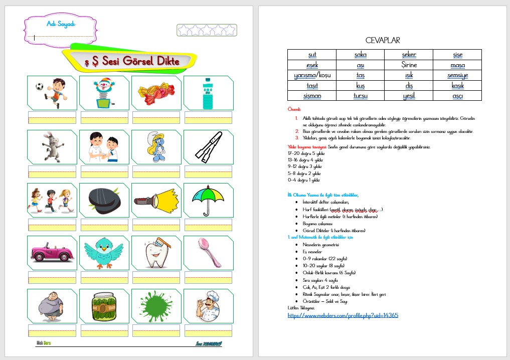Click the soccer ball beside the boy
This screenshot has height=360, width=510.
[40, 86]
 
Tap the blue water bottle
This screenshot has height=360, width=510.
[207, 93]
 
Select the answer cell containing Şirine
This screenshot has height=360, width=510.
[409, 65]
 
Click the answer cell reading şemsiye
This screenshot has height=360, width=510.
[457, 76]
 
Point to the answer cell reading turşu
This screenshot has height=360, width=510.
[360, 95]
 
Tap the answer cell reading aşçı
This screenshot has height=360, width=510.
[457, 95]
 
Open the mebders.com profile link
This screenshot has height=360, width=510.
[343, 315]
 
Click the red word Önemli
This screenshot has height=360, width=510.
[294, 109]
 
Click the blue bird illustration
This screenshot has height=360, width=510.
[104, 252]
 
